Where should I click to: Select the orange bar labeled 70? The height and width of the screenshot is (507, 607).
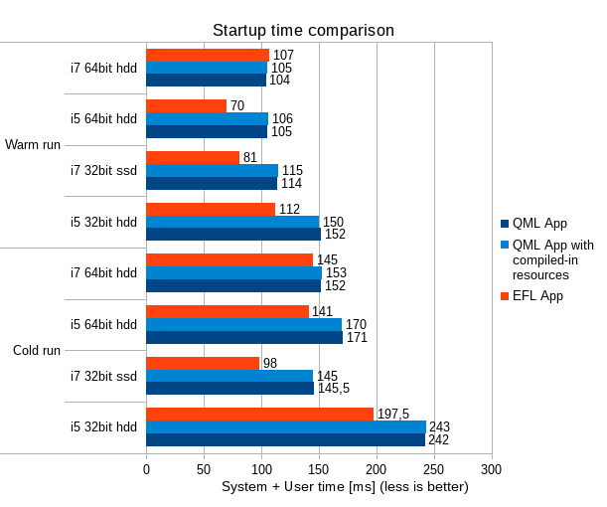[x=186, y=105]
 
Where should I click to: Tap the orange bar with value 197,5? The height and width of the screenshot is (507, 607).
[x=259, y=414]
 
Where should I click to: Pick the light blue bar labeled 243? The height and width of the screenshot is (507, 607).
[x=285, y=426]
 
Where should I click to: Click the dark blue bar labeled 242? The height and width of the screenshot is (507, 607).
[x=285, y=439]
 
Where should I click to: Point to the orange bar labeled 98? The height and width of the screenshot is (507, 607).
[x=203, y=363]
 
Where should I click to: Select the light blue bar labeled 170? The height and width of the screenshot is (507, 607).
[x=243, y=324]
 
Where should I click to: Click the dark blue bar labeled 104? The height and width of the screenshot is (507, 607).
[x=206, y=80]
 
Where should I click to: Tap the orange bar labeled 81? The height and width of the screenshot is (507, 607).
[x=193, y=157]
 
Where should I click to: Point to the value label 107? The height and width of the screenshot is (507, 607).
[x=283, y=55]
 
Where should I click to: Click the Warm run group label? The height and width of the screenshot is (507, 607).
[x=33, y=145]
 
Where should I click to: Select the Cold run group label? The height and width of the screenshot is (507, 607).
[x=37, y=351]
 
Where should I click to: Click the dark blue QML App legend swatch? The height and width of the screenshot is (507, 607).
[x=504, y=223]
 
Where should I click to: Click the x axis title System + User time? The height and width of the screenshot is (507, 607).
[x=345, y=487]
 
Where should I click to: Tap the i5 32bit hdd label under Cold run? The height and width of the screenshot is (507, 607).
[x=103, y=427]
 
